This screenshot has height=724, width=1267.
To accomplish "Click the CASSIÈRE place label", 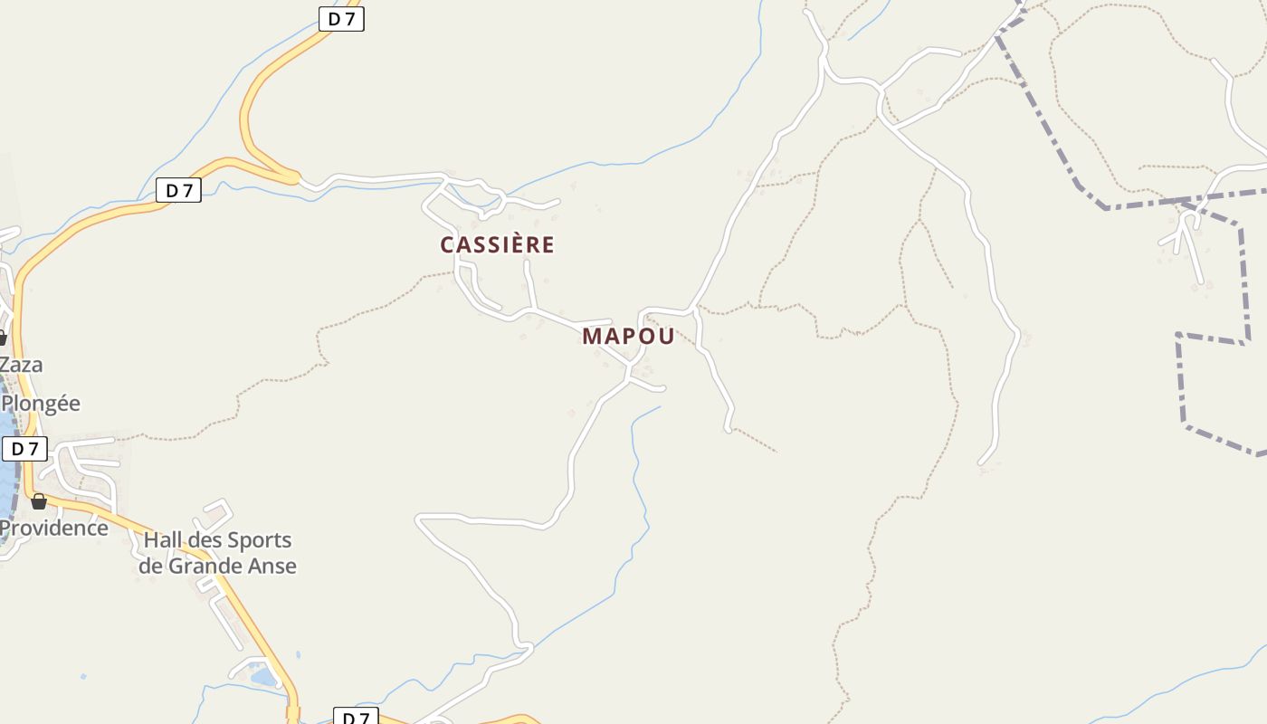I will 497,244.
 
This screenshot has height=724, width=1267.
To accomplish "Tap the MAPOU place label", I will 628,336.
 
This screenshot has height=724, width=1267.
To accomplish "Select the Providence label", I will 54,528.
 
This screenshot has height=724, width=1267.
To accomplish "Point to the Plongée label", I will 42,404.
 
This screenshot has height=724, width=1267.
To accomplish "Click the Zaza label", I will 21,365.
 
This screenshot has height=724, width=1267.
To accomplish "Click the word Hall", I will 163,540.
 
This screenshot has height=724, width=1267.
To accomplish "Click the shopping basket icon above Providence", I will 39,500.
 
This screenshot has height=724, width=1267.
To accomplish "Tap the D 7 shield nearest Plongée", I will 24,449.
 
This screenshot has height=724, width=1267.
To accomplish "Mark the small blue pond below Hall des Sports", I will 264,676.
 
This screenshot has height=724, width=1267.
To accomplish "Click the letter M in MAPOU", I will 592,336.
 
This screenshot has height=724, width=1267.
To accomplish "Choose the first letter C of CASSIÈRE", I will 447,244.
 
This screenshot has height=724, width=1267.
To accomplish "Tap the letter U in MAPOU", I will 666,336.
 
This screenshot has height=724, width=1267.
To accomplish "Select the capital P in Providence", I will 5,528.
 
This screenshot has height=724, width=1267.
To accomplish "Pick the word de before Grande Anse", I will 149,567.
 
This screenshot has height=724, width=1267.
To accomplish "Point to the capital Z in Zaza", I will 6,365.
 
